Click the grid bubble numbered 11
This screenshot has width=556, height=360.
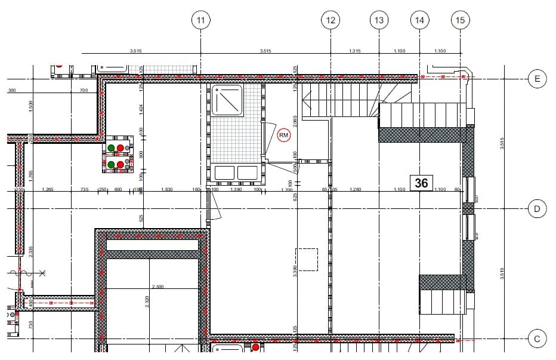(x=201, y=20)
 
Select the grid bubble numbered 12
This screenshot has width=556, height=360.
(x=330, y=20)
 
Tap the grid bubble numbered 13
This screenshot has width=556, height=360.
(x=379, y=20)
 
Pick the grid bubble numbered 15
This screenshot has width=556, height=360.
(x=460, y=20)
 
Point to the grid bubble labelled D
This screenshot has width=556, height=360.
(x=537, y=208)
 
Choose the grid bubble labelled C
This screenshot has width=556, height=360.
(x=537, y=340)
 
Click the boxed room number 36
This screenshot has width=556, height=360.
(x=421, y=183)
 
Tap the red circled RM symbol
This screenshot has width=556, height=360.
(x=284, y=136)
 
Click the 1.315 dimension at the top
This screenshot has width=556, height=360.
(x=354, y=51)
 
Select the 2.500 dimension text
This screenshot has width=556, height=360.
(x=157, y=287)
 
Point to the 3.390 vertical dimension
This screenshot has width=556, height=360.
(x=295, y=271)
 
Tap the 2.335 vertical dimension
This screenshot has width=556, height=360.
(x=30, y=251)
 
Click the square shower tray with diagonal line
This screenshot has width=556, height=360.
(x=227, y=101)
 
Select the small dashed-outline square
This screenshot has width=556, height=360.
(x=307, y=260)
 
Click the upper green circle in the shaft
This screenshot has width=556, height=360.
(x=112, y=147)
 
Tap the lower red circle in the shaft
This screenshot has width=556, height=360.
(x=120, y=164)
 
